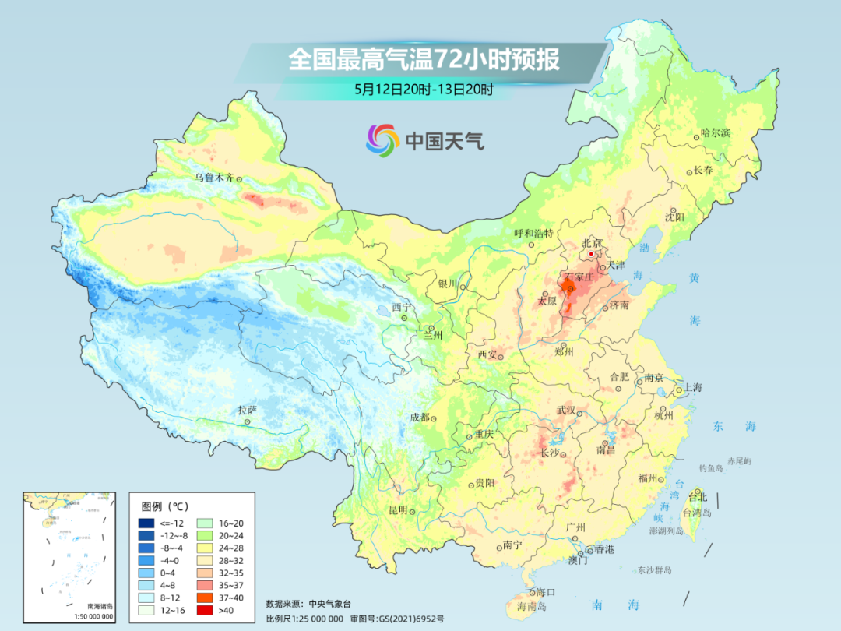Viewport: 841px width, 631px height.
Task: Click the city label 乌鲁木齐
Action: tap(214, 178)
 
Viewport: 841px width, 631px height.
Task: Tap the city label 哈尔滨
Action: tap(715, 133)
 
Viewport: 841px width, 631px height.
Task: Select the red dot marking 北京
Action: tap(591, 254)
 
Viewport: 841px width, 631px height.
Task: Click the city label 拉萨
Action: tap(246, 410)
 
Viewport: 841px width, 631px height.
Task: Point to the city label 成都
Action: tap(420, 418)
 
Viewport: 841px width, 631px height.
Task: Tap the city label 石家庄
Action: tap(579, 277)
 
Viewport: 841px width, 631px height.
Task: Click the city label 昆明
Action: tap(398, 510)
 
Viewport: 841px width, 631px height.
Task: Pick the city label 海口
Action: tap(547, 592)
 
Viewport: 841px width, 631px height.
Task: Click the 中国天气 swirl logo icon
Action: tap(382, 140)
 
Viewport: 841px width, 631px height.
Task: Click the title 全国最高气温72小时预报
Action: tap(424, 60)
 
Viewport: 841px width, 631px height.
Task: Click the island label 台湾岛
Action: tap(698, 513)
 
